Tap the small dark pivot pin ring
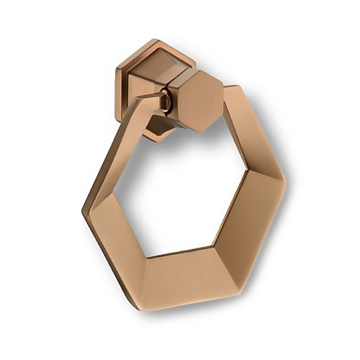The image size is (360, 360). click(167, 102)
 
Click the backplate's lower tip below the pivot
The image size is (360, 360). click(159, 136)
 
